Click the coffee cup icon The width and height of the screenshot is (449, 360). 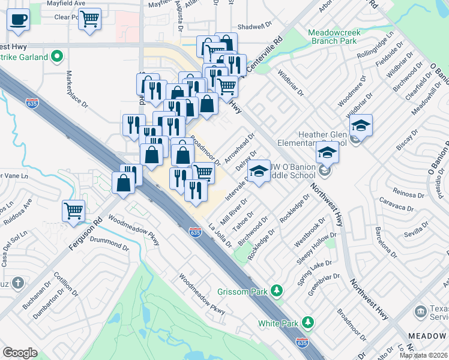tap(19, 19)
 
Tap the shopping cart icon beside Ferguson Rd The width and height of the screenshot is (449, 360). tap(74, 211)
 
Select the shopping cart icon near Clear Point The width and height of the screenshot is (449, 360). tap(89, 19)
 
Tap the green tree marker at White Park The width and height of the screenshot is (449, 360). tap(308, 323)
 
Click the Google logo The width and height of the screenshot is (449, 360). tap(20, 352)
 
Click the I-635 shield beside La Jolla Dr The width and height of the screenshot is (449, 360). tap(194, 232)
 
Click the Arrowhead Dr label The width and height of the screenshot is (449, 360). tap(240, 147)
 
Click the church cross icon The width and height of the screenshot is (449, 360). tap(19, 283)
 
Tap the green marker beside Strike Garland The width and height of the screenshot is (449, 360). tap(58, 58)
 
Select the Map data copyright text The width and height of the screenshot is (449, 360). tap(424, 355)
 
